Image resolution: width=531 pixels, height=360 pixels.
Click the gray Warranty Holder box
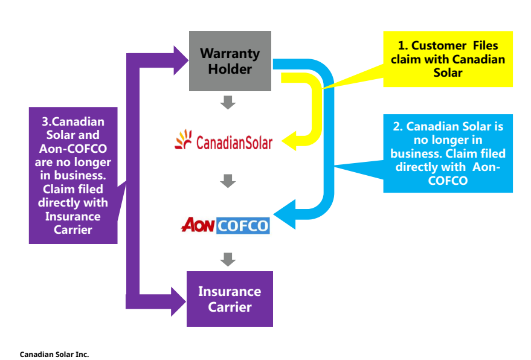[230, 61]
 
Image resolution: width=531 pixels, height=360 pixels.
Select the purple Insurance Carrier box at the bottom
[230, 299]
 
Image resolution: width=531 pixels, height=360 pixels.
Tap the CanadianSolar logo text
[234, 143]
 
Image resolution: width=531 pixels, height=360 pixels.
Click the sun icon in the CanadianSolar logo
[183, 140]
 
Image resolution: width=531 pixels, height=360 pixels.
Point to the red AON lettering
[198, 225]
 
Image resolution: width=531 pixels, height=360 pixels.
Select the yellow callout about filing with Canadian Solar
[448, 59]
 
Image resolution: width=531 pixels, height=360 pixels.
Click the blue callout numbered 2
[448, 153]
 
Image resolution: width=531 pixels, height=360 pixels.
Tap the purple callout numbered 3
[73, 176]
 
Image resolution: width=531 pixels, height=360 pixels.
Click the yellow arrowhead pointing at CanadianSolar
[288, 142]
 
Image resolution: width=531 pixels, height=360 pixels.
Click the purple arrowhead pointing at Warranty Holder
[181, 60]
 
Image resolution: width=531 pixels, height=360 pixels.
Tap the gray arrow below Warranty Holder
[228, 102]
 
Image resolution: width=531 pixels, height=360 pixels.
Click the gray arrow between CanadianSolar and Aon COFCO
[228, 180]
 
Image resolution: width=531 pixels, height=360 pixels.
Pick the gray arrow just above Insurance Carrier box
[228, 259]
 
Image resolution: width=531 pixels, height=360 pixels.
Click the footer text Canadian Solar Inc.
[54, 355]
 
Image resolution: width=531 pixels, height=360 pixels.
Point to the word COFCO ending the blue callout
[448, 181]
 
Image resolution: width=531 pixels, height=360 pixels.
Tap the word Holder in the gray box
[230, 69]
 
